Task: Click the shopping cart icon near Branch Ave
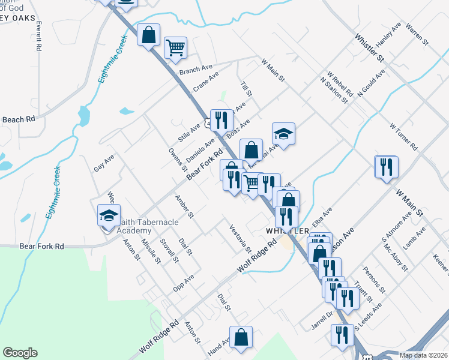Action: click(175, 47)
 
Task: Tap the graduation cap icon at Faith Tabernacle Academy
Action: click(108, 214)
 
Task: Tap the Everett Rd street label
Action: click(39, 36)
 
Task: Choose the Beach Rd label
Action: click(18, 119)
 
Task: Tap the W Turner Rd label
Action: click(403, 137)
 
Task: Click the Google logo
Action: click(20, 353)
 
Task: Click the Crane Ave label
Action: click(205, 82)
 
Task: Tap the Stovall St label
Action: click(169, 250)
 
